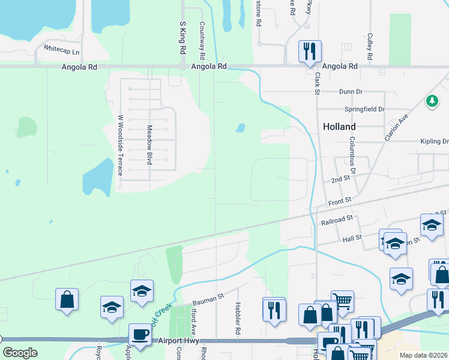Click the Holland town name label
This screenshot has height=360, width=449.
[x=339, y=127]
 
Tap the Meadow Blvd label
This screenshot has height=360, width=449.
[x=149, y=145]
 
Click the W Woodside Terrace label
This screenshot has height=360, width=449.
[x=121, y=145]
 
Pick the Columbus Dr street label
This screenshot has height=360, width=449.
[x=353, y=155]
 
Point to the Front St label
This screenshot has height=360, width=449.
[x=339, y=203]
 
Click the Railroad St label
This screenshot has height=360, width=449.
[x=337, y=222]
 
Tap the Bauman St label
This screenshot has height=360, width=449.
[x=208, y=298]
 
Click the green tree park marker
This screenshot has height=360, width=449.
[x=432, y=101]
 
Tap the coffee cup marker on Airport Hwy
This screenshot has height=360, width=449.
[x=140, y=334]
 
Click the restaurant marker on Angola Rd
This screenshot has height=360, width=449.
[x=310, y=52]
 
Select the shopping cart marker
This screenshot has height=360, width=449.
[x=342, y=301]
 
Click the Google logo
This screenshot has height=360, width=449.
[x=20, y=352]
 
